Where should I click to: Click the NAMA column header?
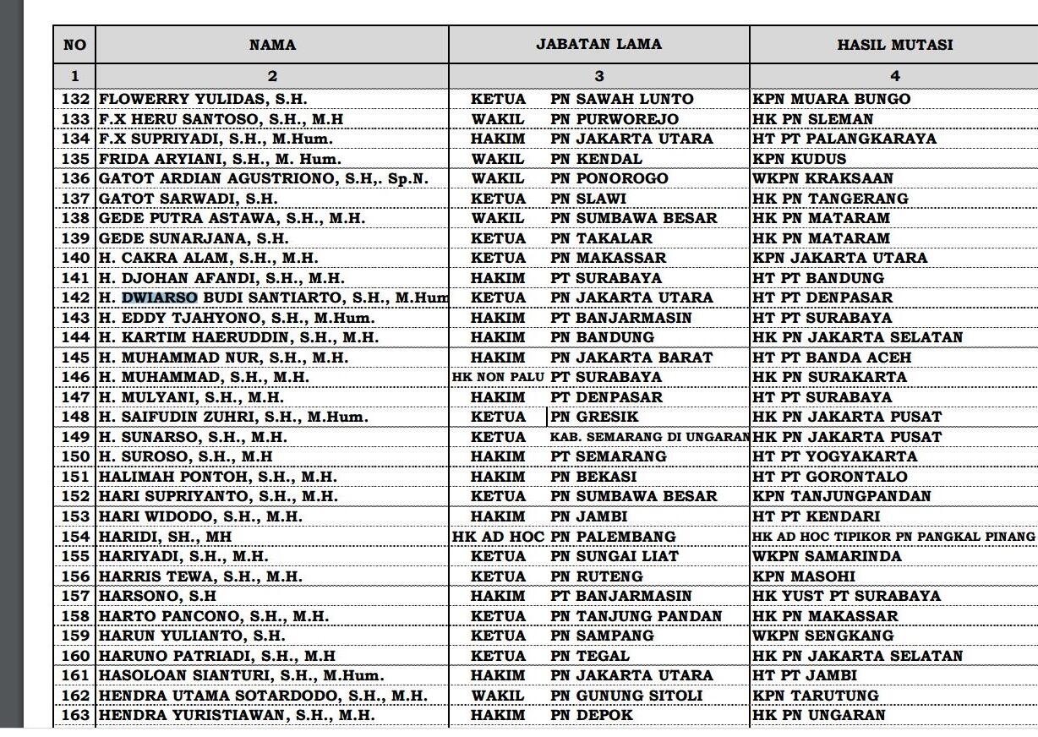pyautogui.click(x=272, y=45)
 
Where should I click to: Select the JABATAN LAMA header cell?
pyautogui.click(x=598, y=44)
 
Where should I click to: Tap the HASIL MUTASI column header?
pyautogui.click(x=894, y=45)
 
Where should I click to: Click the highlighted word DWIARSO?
pyautogui.click(x=160, y=298)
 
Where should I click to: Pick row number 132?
pyautogui.click(x=75, y=99)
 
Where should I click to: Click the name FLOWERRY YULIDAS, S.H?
pyautogui.click(x=203, y=99)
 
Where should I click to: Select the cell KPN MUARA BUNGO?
pyautogui.click(x=831, y=99)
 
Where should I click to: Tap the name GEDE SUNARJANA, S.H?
pyautogui.click(x=194, y=238)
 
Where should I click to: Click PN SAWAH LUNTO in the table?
pyautogui.click(x=621, y=99)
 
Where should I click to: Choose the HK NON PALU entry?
pyautogui.click(x=499, y=377)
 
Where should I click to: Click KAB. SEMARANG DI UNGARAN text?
pyautogui.click(x=649, y=437)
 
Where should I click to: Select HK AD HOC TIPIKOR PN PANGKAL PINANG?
pyautogui.click(x=893, y=537)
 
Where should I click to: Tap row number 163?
pyautogui.click(x=75, y=715)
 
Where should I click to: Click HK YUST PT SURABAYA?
pyautogui.click(x=846, y=596)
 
